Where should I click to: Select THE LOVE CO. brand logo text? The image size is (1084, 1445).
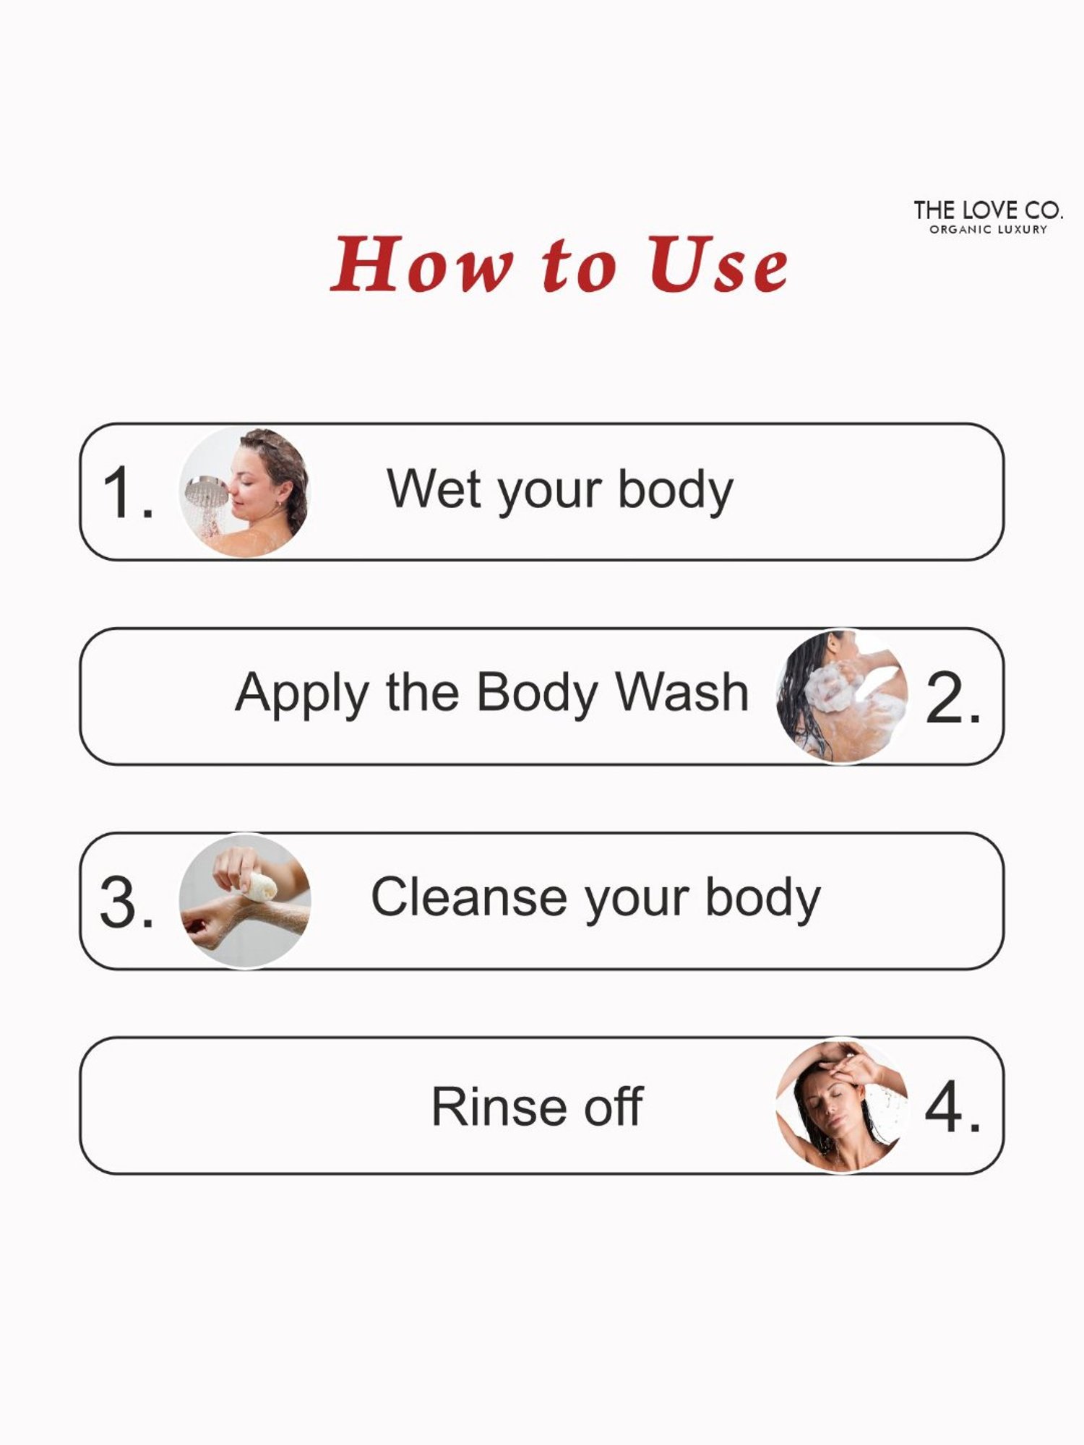(x=988, y=210)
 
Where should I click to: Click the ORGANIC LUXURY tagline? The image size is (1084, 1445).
(x=988, y=230)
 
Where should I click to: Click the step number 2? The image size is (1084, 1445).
(x=953, y=697)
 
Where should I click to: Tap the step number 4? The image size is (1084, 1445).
(x=953, y=1107)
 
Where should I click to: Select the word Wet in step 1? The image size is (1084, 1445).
(x=433, y=489)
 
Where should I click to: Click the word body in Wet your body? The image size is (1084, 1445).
(x=675, y=491)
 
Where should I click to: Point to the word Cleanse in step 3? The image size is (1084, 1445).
(x=468, y=897)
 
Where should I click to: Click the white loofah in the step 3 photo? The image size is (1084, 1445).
(x=258, y=887)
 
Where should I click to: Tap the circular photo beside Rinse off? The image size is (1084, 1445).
(x=841, y=1106)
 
